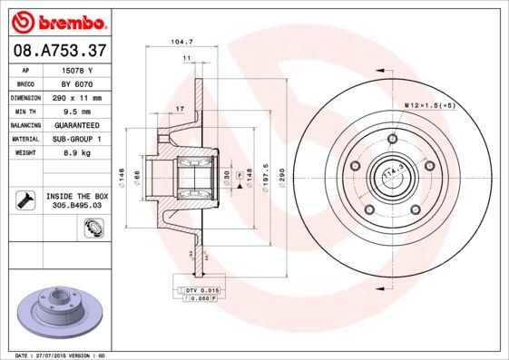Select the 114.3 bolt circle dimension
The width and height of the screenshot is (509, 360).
pyautogui.click(x=393, y=172)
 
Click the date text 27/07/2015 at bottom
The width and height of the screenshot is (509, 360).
pyautogui.click(x=55, y=355)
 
